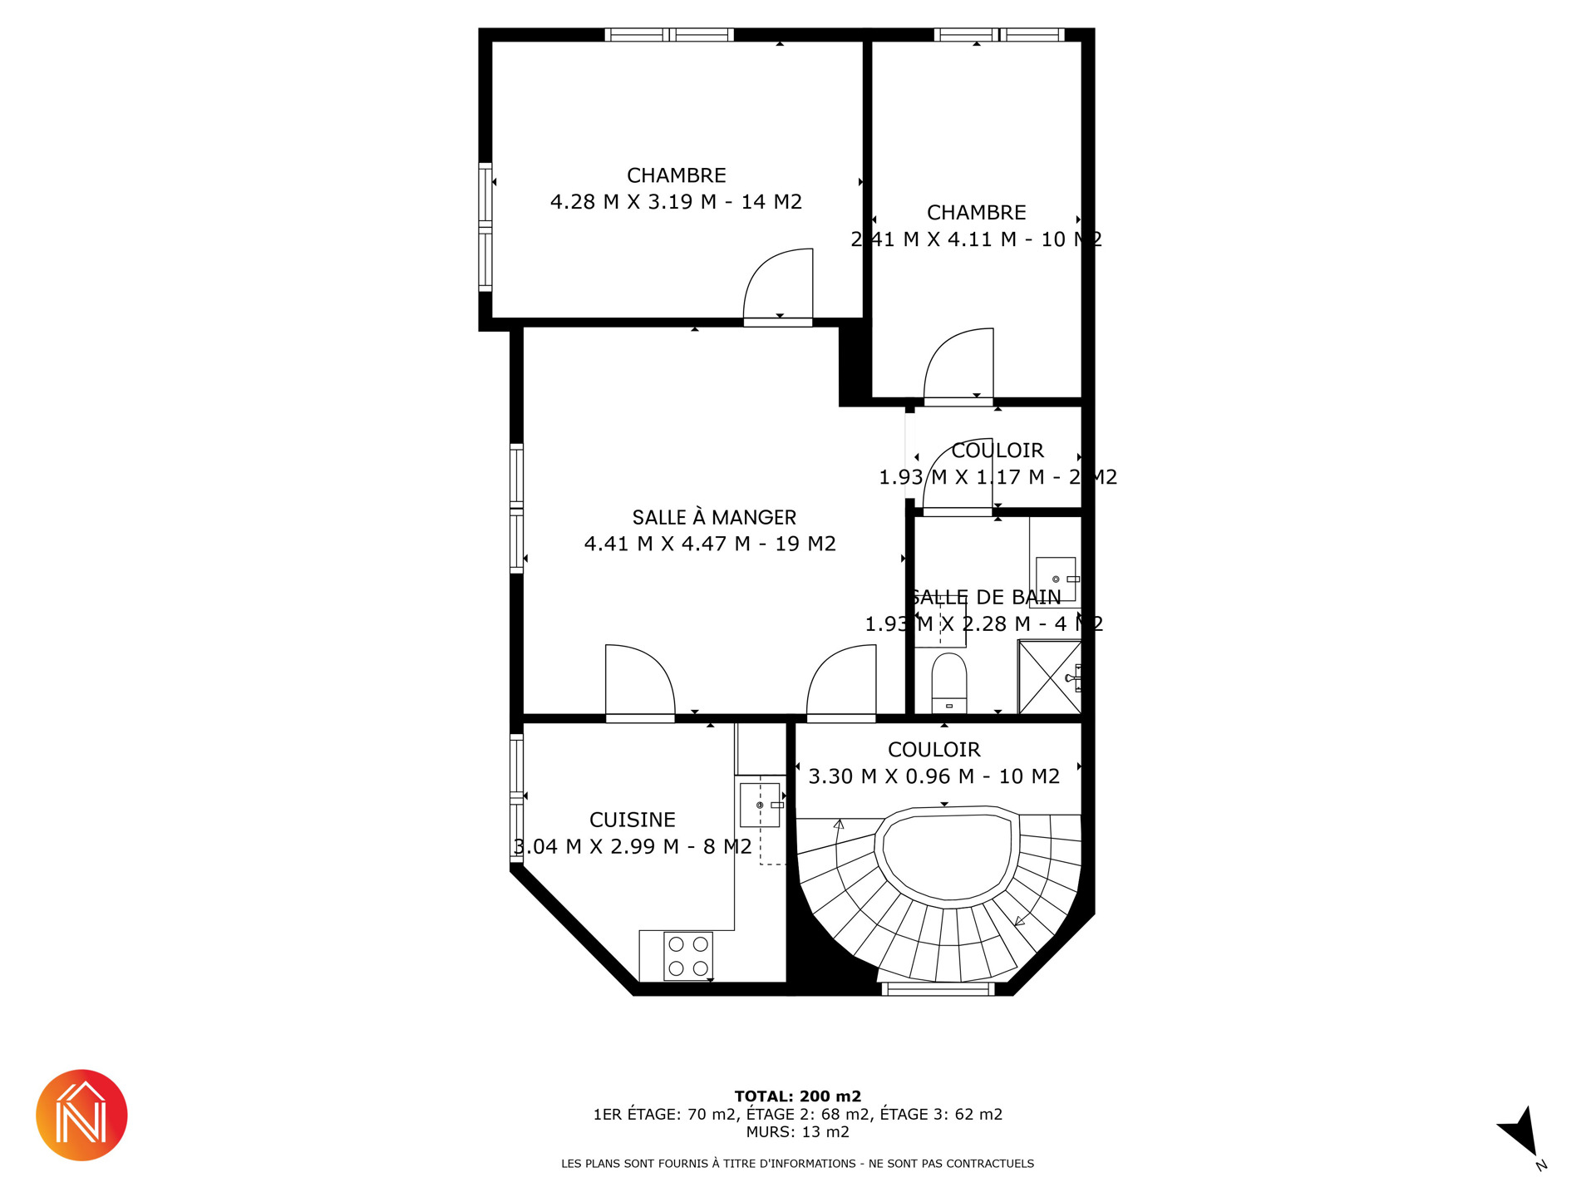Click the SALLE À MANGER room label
coord(714,518)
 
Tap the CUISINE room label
coord(633,820)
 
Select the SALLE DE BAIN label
coord(986,597)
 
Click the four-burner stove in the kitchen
coord(688,956)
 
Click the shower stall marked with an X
coord(1050,677)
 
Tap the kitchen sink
coord(761,805)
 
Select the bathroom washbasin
coord(1057,579)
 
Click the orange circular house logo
coord(81,1116)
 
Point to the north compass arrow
coord(1521,1132)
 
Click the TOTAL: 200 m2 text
coord(798,1096)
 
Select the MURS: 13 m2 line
coord(798,1132)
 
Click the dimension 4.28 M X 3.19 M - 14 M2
coord(676,202)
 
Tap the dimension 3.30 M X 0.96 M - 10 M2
coord(934,776)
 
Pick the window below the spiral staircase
coord(938,989)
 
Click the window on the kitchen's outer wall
coord(517,799)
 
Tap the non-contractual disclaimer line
coord(798,1164)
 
